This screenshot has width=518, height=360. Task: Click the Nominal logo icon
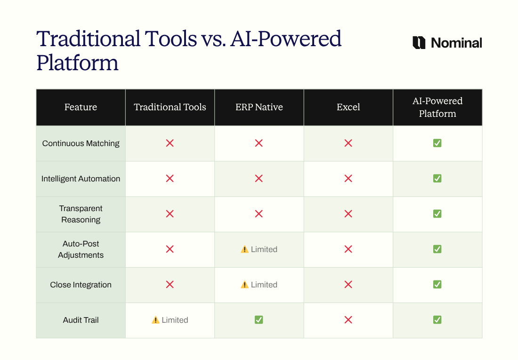click(419, 43)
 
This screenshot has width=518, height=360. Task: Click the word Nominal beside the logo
click(456, 43)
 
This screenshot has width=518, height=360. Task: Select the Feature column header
click(81, 107)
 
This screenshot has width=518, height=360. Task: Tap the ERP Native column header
click(259, 107)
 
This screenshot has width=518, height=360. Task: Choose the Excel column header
click(348, 107)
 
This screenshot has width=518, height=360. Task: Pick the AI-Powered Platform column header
click(437, 107)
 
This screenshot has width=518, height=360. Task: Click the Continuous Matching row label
click(81, 143)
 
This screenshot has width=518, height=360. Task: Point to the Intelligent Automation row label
click(81, 179)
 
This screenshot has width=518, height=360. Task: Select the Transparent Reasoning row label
click(81, 214)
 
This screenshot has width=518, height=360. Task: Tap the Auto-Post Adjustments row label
click(81, 249)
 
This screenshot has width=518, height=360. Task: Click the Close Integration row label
click(81, 285)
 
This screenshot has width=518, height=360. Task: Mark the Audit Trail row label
click(81, 320)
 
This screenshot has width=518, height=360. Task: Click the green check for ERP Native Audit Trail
click(259, 320)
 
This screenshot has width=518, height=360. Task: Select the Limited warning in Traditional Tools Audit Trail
click(170, 320)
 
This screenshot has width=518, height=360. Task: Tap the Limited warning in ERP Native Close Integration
click(259, 285)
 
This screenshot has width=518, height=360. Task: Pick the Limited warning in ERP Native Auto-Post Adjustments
click(259, 249)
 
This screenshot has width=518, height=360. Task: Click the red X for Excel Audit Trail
click(348, 320)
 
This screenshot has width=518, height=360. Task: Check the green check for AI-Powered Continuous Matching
click(437, 143)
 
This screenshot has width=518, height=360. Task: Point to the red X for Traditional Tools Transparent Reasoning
click(170, 214)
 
